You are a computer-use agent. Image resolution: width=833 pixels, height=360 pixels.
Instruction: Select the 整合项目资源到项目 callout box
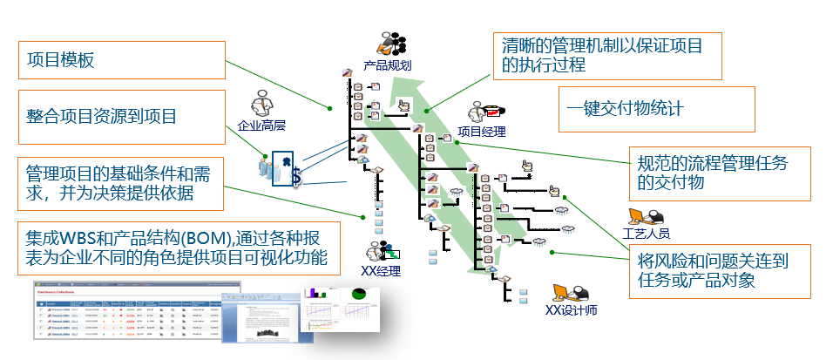123,116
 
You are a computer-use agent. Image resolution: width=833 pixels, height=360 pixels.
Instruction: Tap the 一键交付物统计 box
656,109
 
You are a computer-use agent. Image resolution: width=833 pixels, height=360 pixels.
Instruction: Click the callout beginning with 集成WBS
175,247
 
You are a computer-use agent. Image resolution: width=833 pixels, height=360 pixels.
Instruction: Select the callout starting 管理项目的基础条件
123,182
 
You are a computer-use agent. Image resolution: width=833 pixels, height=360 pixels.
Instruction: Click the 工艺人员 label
646,234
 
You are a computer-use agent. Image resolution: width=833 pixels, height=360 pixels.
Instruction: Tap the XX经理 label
381,271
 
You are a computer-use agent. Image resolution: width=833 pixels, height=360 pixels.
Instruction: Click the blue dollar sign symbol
296,177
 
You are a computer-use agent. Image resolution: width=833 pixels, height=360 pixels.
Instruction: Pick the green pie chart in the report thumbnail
356,298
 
